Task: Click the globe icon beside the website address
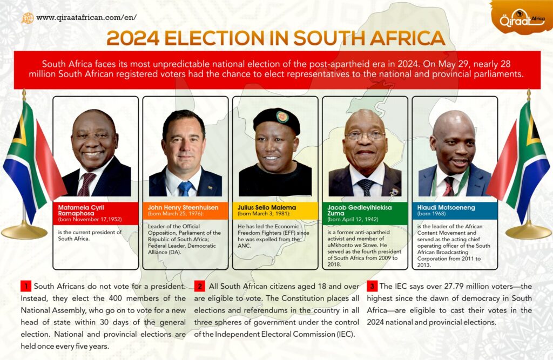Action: pyautogui.click(x=28, y=18)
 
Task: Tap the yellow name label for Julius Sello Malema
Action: pyautogui.click(x=275, y=209)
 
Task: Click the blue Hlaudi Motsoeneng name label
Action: pyautogui.click(x=454, y=209)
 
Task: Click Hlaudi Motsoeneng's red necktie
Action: pyautogui.click(x=448, y=187)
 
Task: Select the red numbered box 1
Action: pyautogui.click(x=25, y=286)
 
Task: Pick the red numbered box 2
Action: pyautogui.click(x=199, y=286)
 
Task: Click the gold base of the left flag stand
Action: pyautogui.click(x=24, y=232)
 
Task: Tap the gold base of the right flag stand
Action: pyautogui.click(x=528, y=232)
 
